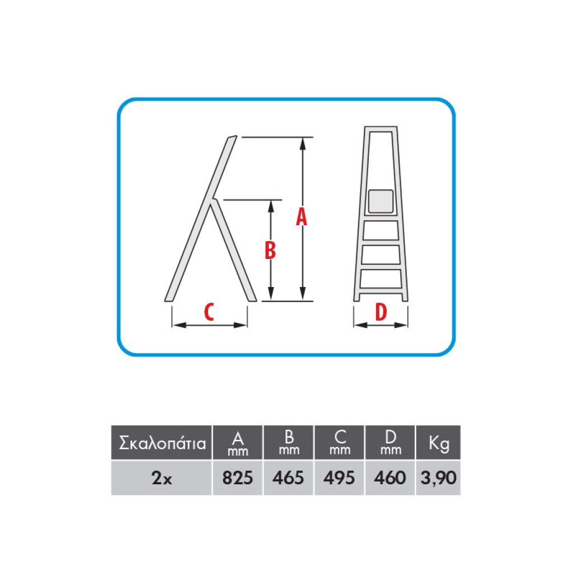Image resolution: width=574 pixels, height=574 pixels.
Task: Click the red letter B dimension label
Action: click(x=270, y=251)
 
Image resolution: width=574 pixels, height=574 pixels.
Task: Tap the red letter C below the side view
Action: click(x=209, y=312)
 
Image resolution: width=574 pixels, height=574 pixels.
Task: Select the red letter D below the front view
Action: click(x=381, y=312)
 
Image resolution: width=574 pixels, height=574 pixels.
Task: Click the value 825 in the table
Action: click(x=238, y=478)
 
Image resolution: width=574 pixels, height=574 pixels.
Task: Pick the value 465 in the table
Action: click(x=288, y=478)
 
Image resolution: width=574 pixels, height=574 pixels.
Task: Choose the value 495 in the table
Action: click(x=339, y=478)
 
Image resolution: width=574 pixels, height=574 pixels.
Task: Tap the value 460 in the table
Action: click(x=390, y=478)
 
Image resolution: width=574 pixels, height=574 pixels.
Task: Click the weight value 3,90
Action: click(x=438, y=478)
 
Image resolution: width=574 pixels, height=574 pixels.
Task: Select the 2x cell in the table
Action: click(x=161, y=478)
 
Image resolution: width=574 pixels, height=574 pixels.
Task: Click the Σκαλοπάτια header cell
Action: click(x=161, y=442)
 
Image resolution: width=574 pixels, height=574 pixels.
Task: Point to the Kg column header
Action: click(x=438, y=442)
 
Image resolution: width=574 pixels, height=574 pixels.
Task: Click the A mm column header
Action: click(x=238, y=442)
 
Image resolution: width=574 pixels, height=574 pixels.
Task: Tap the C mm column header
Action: click(x=339, y=442)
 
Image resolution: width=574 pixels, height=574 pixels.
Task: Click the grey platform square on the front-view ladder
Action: click(x=381, y=201)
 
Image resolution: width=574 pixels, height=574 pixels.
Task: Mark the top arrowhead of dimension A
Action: click(x=302, y=144)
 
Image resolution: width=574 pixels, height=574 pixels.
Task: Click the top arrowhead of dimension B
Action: click(x=271, y=207)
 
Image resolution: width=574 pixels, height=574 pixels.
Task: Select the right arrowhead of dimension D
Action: click(x=401, y=325)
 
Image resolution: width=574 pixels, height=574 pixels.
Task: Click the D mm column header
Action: click(x=390, y=442)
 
